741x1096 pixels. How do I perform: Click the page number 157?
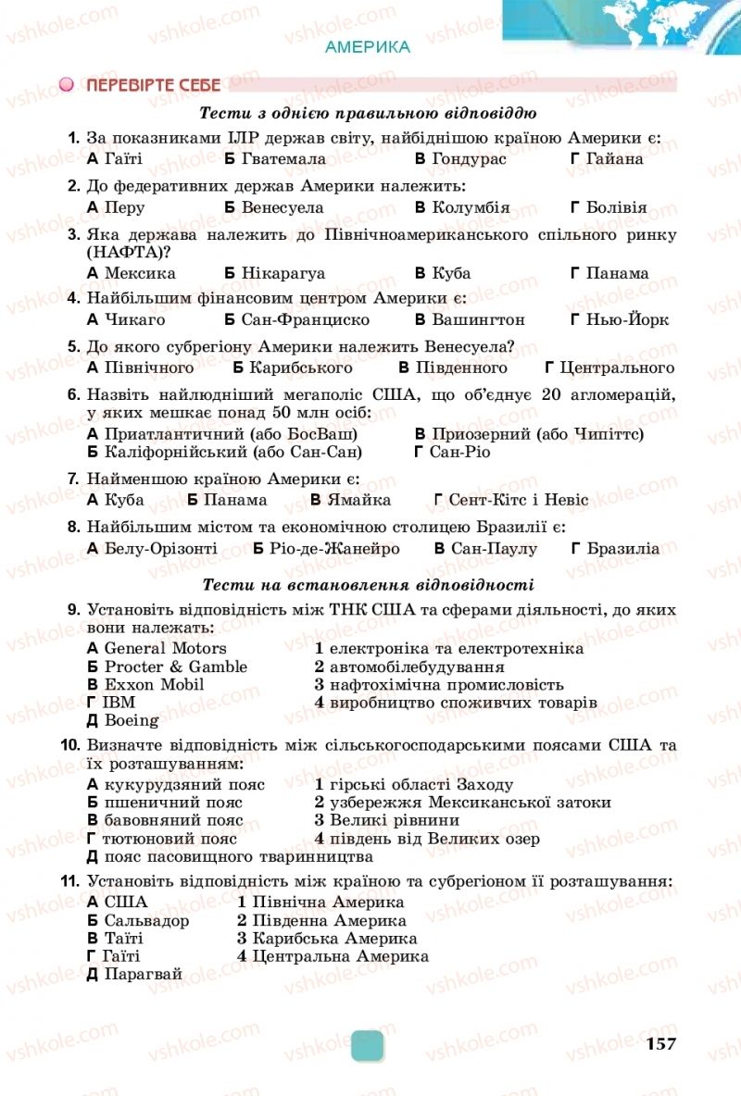[x=661, y=1044]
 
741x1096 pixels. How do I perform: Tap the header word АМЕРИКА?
[x=368, y=47]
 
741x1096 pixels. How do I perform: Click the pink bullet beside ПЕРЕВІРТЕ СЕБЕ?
[x=67, y=85]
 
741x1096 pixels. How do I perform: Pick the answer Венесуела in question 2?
[x=283, y=207]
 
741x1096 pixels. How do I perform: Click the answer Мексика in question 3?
[x=140, y=273]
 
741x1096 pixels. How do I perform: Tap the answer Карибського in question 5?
[x=288, y=367]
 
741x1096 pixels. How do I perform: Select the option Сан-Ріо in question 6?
[x=460, y=452]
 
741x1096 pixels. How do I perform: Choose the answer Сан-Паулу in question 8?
[x=495, y=548]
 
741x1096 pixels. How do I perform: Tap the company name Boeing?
[x=132, y=720]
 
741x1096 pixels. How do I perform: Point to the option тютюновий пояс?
[x=170, y=839]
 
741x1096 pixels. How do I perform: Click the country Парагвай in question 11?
[x=144, y=974]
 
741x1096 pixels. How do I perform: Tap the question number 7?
[x=73, y=479]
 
